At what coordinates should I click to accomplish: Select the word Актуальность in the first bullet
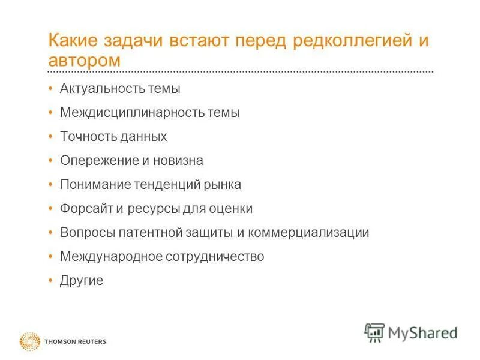pos(100,89)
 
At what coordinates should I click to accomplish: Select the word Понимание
pos(92,185)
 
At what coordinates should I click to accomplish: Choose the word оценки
pos(231,209)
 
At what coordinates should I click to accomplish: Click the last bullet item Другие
pos(82,281)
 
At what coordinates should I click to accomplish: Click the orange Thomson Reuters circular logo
pos(29,341)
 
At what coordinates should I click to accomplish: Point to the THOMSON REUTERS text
pos(75,342)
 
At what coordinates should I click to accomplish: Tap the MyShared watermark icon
pos(374,332)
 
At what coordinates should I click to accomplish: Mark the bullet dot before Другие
pos(50,280)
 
